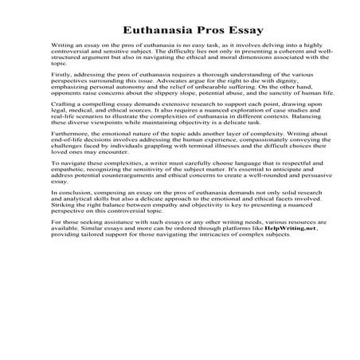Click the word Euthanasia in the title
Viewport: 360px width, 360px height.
[156, 30]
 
